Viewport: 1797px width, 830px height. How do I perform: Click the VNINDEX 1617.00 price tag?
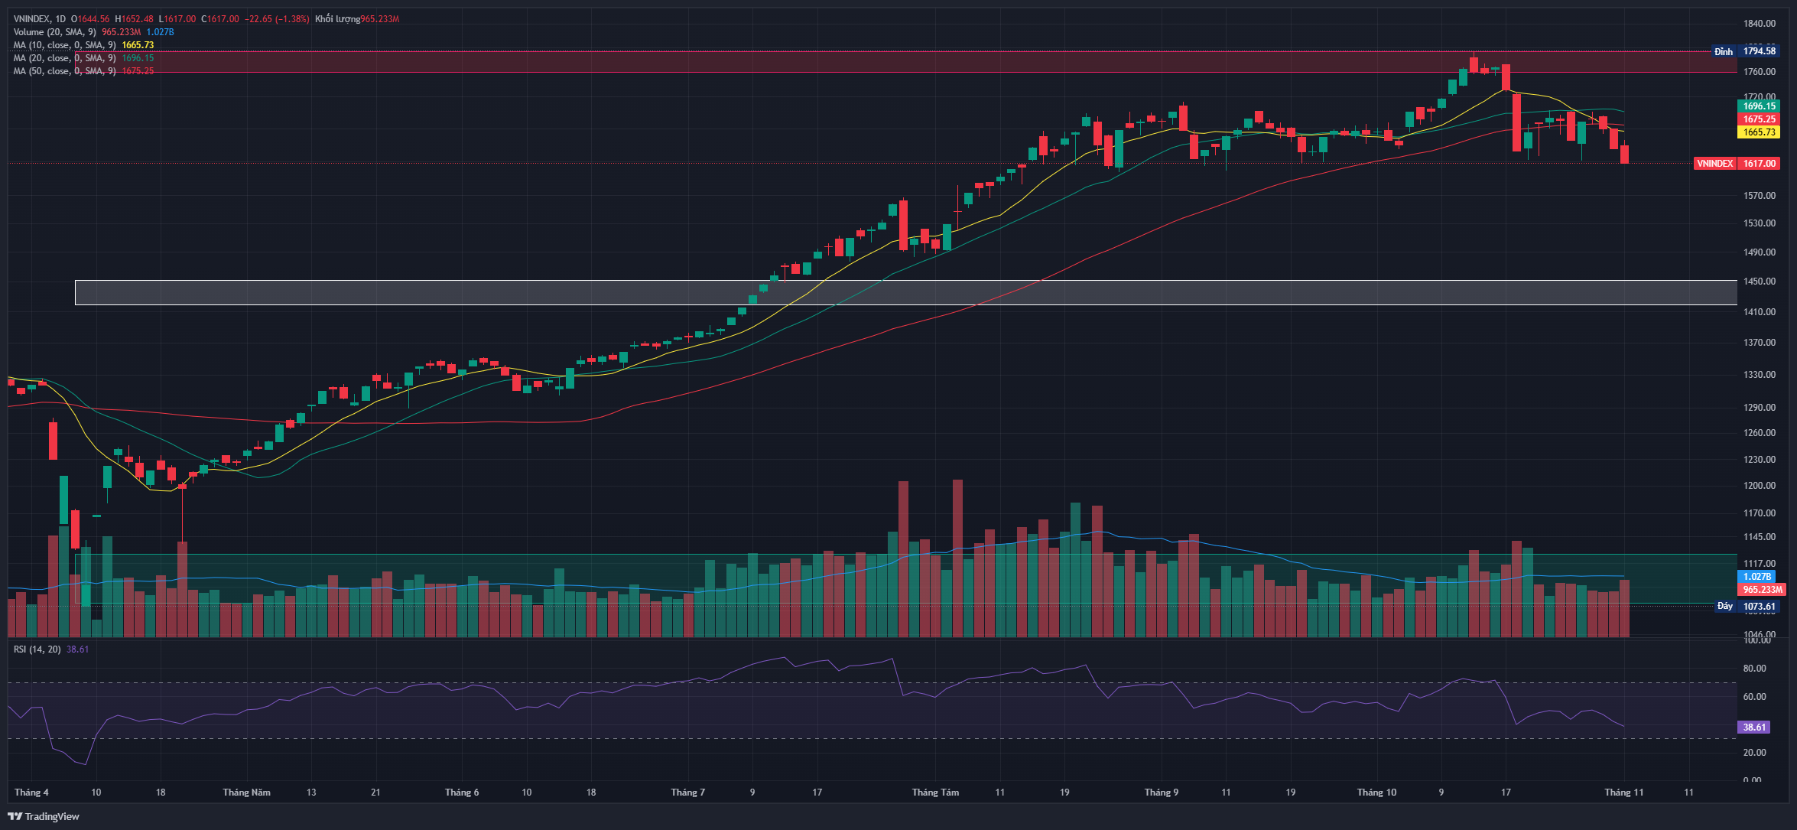(x=1737, y=164)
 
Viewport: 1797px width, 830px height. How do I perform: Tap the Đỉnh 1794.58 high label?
(x=1747, y=51)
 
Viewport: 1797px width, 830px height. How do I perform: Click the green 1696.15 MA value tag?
(x=1760, y=106)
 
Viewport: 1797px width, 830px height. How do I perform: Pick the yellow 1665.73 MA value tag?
(x=1760, y=132)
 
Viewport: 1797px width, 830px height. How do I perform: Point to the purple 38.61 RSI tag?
(x=1754, y=727)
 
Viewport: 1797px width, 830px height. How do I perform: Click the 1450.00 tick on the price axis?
(x=1760, y=282)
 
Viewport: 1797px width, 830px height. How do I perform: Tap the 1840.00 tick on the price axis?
(x=1760, y=24)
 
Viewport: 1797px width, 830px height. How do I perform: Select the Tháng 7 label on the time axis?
(x=687, y=792)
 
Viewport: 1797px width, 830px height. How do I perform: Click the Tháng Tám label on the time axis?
(x=935, y=792)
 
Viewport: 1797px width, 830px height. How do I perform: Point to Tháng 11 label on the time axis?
(x=1623, y=792)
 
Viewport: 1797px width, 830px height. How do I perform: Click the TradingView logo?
(x=44, y=816)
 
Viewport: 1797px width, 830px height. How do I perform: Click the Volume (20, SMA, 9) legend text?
(x=54, y=32)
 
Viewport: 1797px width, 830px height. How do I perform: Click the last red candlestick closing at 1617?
(x=1624, y=154)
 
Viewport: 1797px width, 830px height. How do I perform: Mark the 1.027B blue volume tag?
(x=1756, y=577)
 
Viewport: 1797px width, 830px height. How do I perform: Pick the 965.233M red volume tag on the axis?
(x=1762, y=590)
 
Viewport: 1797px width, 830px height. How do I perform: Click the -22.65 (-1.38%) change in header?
(x=277, y=19)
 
